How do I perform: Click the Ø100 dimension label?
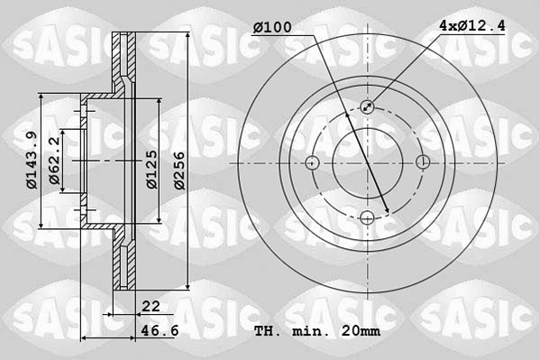[x=272, y=28]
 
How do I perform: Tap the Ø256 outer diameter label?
[x=180, y=167]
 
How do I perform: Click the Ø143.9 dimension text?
[x=30, y=161]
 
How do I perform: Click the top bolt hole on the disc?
[x=368, y=107]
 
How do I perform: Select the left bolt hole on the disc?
[x=312, y=163]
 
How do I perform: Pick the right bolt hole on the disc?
[x=424, y=162]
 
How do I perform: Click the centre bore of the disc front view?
[x=368, y=163]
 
